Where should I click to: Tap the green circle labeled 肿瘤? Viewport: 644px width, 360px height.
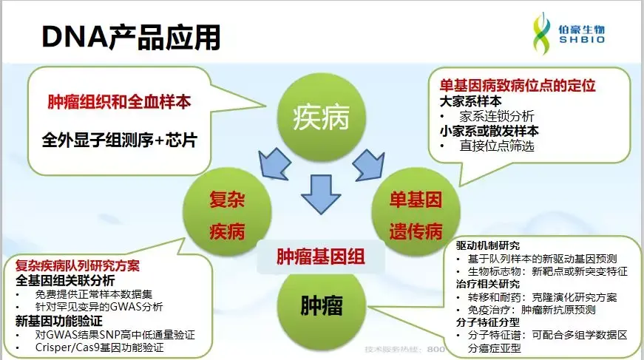tap(321, 305)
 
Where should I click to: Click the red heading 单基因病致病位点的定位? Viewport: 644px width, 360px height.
tap(518, 86)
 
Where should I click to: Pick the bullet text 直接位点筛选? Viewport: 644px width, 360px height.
tap(496, 146)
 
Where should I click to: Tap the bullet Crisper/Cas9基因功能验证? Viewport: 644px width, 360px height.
tap(99, 347)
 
